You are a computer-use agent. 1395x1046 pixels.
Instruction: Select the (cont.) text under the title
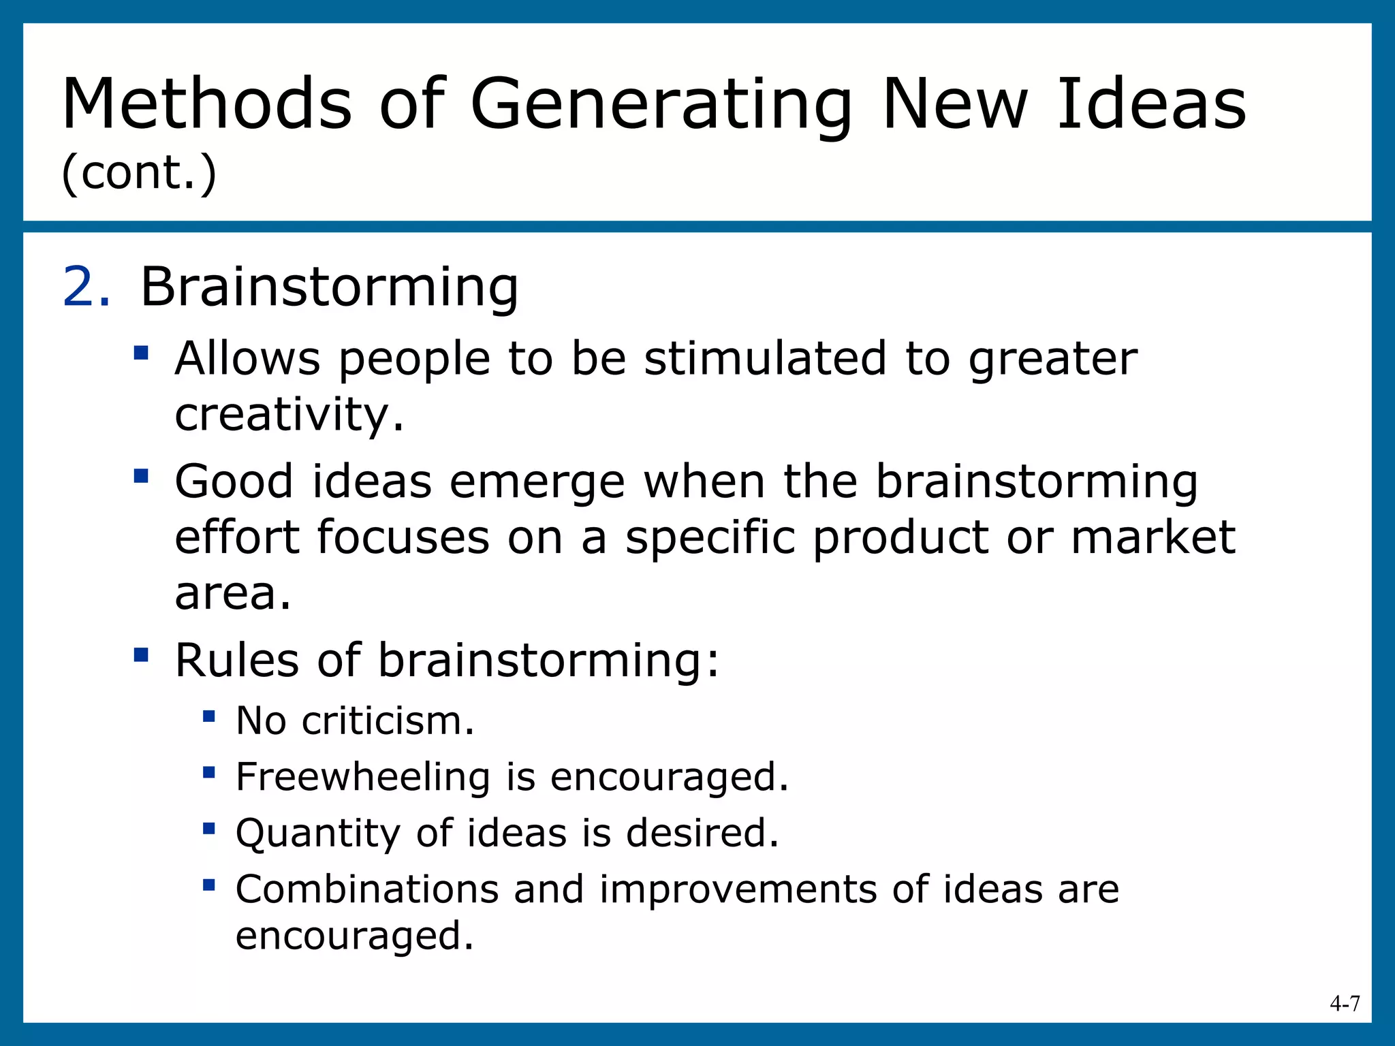(x=139, y=173)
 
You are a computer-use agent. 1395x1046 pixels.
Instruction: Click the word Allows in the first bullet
(x=247, y=358)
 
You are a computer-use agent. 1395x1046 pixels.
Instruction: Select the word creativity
(x=289, y=415)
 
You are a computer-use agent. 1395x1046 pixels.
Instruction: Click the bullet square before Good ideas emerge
(x=141, y=475)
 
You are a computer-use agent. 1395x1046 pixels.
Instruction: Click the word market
(x=1153, y=537)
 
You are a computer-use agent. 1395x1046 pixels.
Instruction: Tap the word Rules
(x=236, y=660)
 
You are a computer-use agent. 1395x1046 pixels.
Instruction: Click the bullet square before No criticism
(x=209, y=716)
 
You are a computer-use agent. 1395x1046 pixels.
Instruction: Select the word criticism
(x=388, y=720)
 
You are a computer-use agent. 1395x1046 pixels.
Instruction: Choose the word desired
(x=702, y=833)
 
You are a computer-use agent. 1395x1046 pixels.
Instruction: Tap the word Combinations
(x=367, y=889)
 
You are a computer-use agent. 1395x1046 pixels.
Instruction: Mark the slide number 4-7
(x=1345, y=1003)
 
